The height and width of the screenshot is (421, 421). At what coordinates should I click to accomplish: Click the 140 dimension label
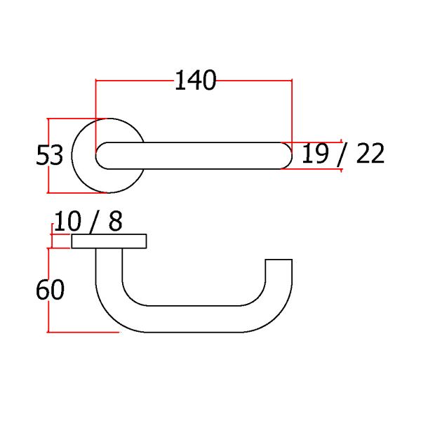(x=196, y=80)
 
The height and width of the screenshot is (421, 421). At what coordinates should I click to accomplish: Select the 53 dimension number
(x=49, y=155)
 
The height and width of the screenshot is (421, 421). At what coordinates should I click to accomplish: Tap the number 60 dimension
(x=51, y=289)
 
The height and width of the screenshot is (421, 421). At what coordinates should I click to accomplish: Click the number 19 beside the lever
(x=315, y=153)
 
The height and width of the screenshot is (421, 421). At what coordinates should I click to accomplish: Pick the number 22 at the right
(x=370, y=153)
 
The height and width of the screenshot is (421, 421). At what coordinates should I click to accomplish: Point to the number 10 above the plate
(x=67, y=221)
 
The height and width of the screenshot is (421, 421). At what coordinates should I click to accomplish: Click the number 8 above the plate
(x=116, y=221)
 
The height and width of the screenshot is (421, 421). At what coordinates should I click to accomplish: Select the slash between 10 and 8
(x=95, y=222)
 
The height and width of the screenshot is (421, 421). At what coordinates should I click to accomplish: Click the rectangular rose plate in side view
(x=109, y=241)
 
